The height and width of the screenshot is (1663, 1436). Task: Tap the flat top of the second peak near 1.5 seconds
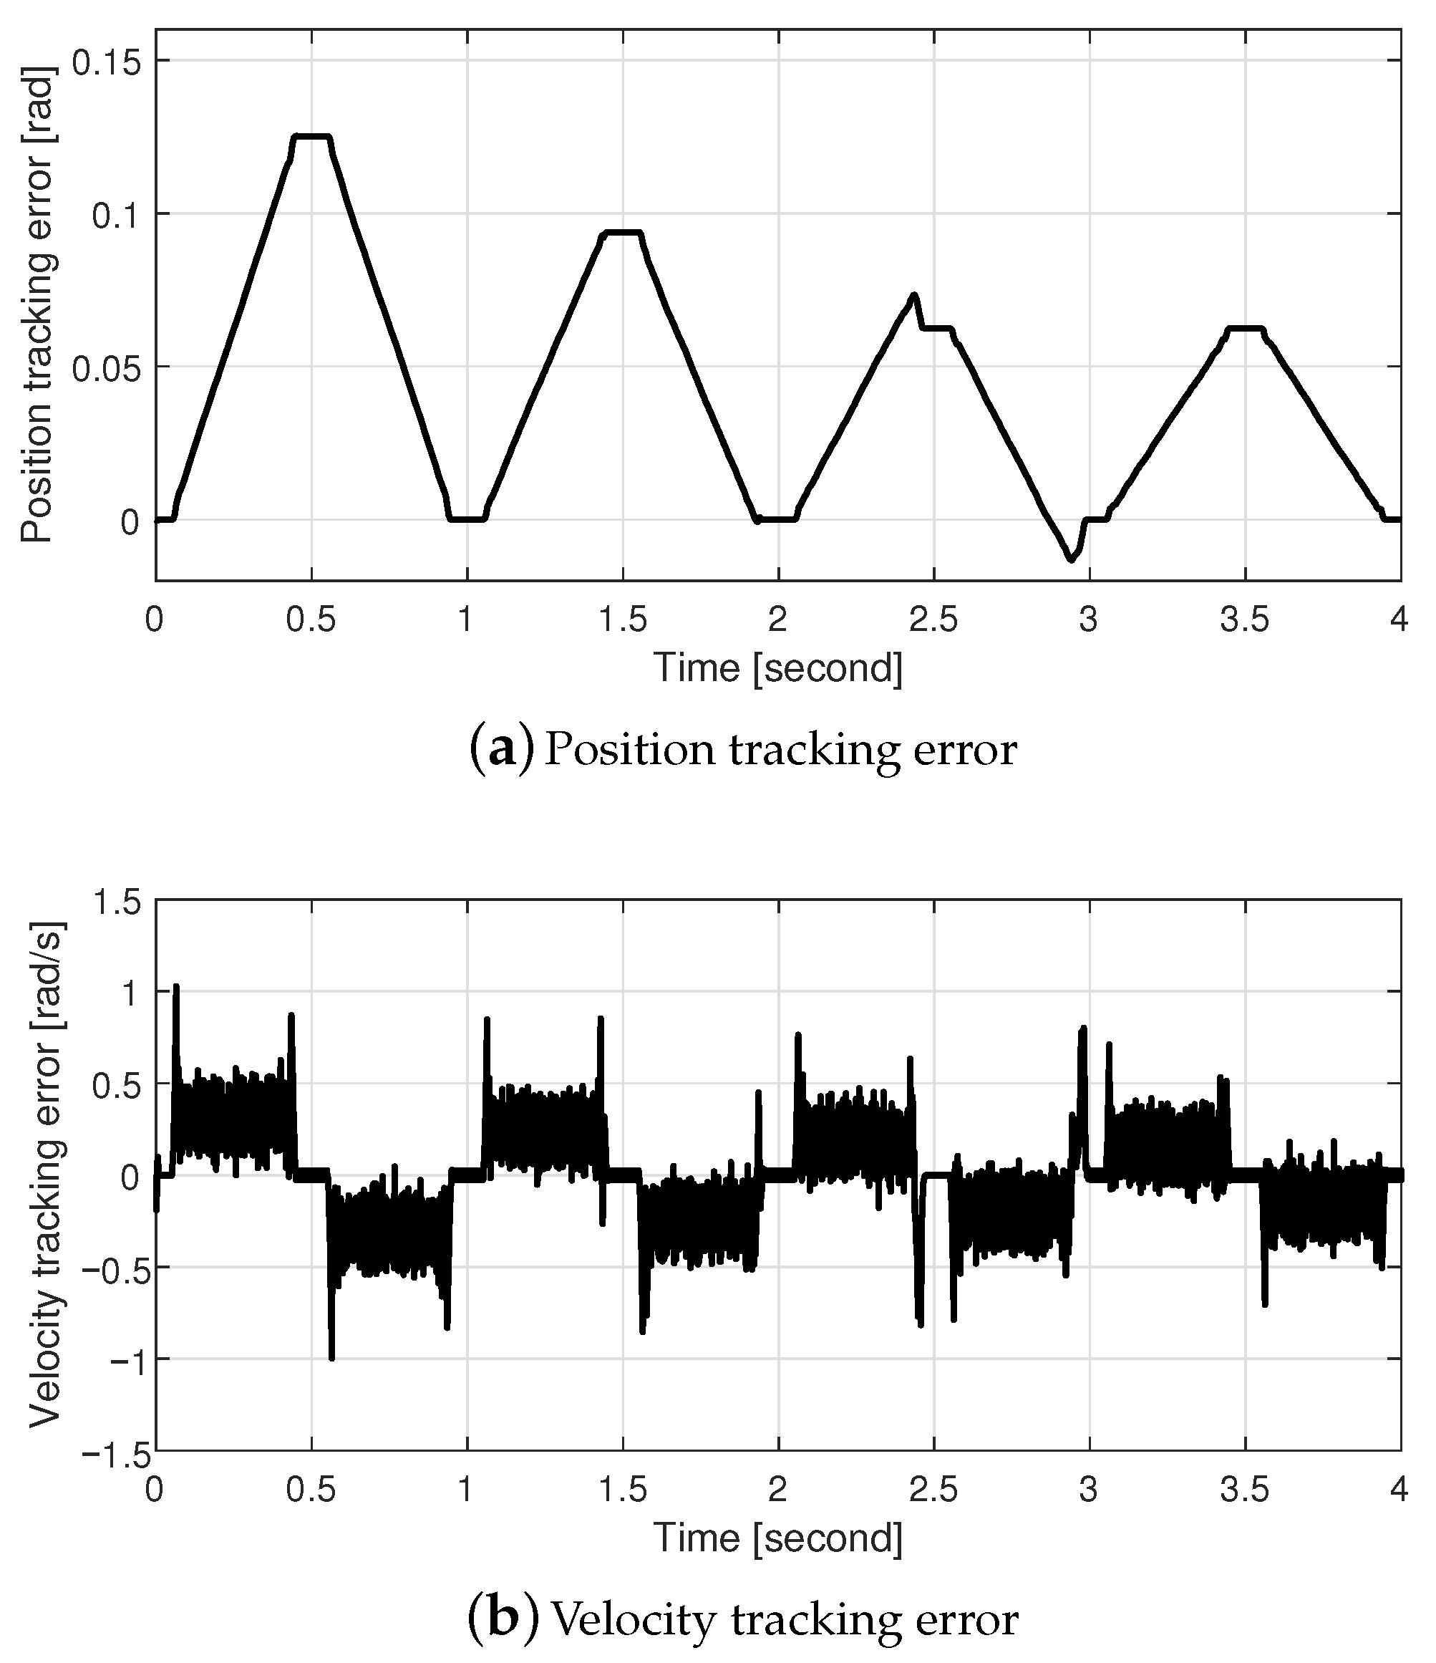624,233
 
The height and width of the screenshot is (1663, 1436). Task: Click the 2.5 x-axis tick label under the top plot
933,620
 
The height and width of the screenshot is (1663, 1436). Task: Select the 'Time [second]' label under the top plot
777,667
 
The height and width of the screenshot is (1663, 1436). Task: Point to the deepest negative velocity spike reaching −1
331,1356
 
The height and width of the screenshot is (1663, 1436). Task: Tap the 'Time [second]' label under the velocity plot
777,1538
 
